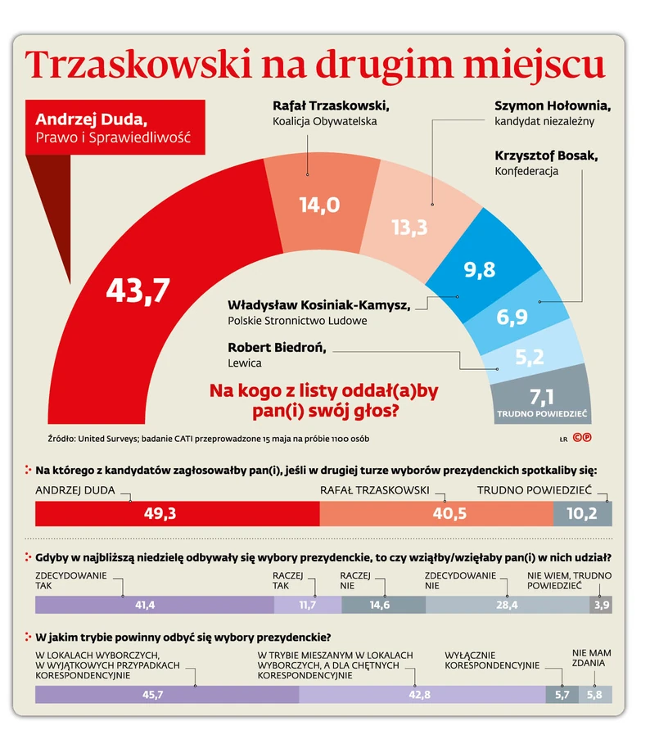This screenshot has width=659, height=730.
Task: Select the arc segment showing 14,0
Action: click(319, 205)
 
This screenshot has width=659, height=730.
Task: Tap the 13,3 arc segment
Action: click(409, 227)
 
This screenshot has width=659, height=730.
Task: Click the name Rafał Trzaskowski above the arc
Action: click(330, 106)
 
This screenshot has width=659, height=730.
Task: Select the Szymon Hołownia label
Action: click(553, 106)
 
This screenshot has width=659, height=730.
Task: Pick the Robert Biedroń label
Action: click(277, 347)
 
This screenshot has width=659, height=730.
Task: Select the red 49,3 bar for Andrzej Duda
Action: click(177, 513)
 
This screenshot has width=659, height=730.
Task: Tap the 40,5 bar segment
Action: click(436, 513)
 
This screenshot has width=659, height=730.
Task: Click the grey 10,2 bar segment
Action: click(582, 513)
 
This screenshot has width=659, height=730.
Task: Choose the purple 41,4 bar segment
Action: click(154, 605)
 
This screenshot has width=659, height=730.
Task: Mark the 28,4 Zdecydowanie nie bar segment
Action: click(507, 605)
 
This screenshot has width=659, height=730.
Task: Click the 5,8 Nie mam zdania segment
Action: click(595, 695)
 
